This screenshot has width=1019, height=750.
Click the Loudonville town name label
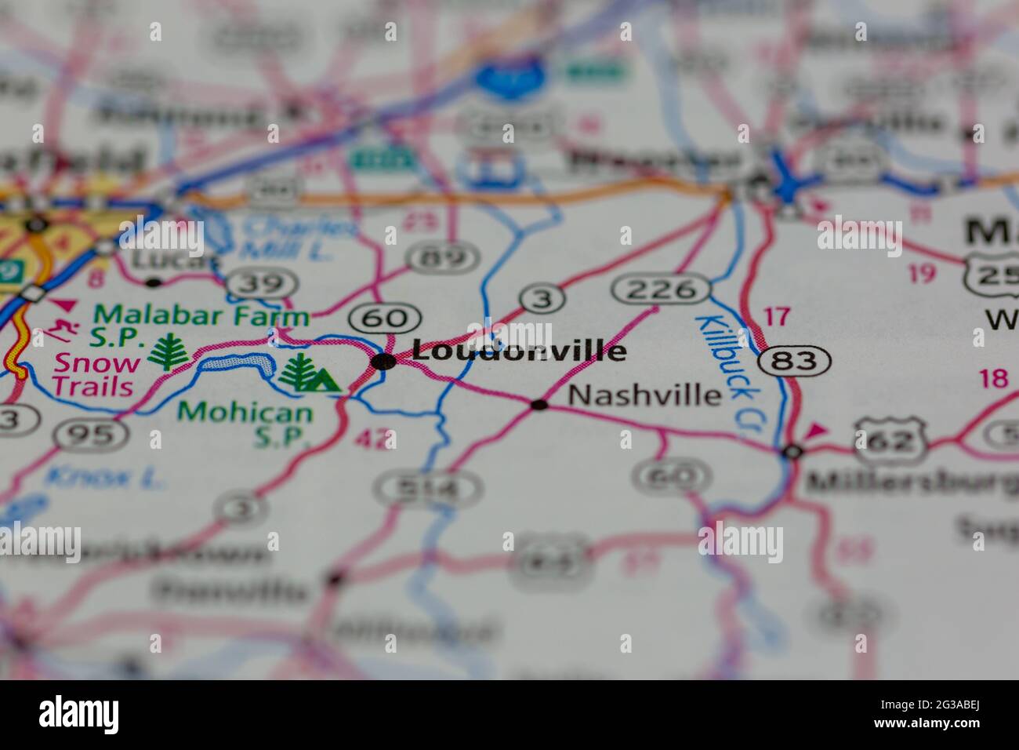519,351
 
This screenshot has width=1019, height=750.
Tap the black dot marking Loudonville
383,361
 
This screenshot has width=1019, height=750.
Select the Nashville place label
644,395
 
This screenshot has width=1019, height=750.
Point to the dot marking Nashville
539,405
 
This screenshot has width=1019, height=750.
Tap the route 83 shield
794,361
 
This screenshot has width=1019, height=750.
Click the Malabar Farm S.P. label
201,326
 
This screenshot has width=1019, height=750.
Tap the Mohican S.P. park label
245,423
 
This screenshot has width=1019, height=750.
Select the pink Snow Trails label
97,374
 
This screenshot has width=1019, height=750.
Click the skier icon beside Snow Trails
54,331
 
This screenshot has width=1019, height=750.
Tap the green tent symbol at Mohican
322,380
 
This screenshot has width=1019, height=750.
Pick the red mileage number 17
776,317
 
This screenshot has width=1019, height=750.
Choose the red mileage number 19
923,273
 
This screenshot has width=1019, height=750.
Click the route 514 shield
428,490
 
